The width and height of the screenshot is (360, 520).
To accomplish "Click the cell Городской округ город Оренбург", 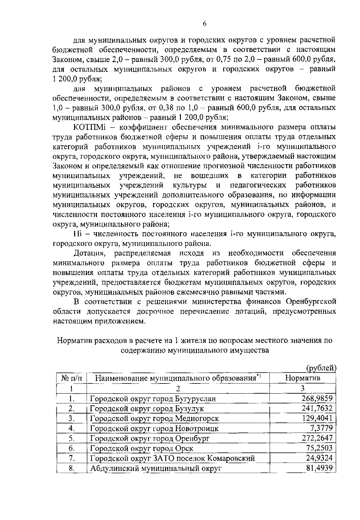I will pos(150,438).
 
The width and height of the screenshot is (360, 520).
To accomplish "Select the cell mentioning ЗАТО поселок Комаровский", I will pos(173,458).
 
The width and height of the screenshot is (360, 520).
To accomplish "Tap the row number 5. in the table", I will pos(71,438).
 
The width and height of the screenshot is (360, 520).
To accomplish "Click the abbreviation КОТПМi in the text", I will pos(90,127).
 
